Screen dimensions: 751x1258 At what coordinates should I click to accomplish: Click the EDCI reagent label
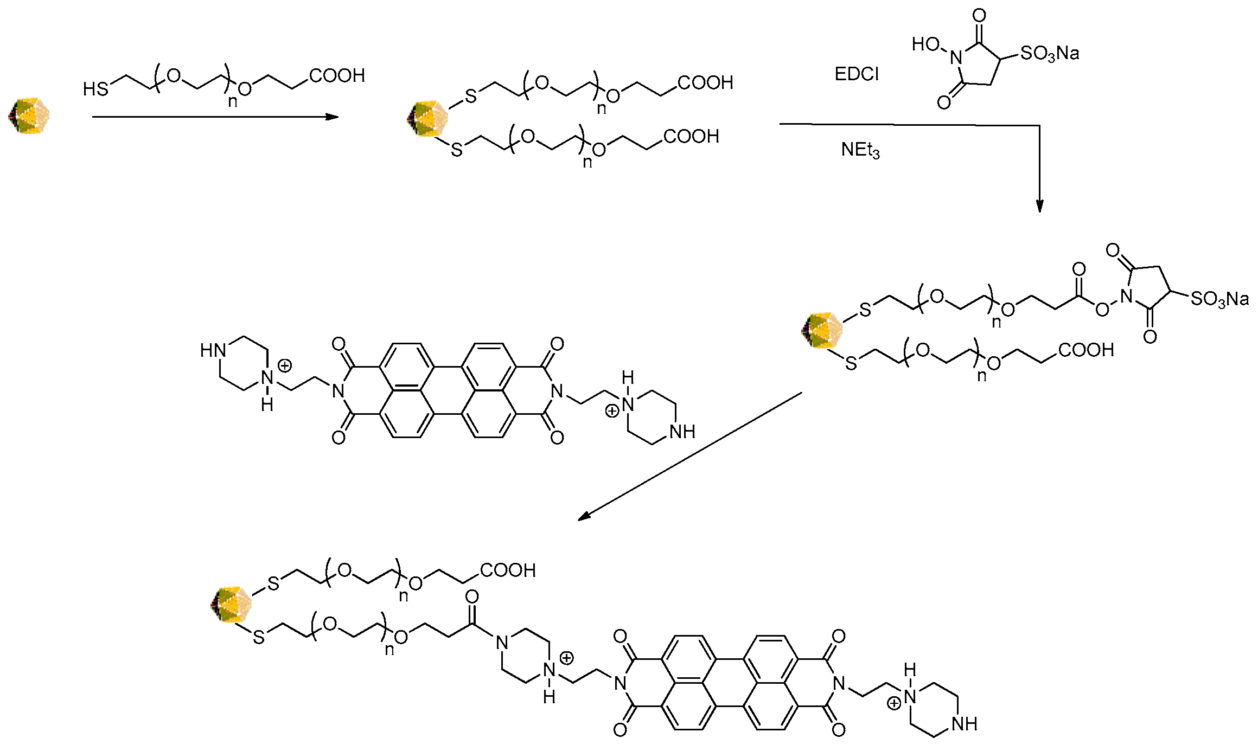click(x=856, y=74)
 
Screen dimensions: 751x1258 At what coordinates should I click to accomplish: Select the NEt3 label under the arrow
click(x=860, y=150)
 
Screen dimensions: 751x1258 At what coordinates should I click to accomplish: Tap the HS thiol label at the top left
click(x=95, y=89)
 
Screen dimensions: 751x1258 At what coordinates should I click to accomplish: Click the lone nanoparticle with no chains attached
click(x=29, y=115)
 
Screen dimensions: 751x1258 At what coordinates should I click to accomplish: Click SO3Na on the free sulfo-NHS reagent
click(x=1049, y=54)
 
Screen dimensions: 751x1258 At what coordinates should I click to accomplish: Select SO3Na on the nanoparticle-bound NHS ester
click(x=1219, y=299)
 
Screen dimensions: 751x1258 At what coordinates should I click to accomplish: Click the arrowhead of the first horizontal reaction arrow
click(x=332, y=117)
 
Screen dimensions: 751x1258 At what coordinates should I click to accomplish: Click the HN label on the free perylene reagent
click(x=213, y=350)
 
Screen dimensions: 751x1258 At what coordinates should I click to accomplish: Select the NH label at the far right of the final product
click(x=964, y=723)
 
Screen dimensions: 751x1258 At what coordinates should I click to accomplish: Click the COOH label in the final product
click(x=508, y=570)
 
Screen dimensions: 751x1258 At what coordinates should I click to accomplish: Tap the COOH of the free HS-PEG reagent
click(x=337, y=75)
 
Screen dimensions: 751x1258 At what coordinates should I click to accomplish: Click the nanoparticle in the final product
click(x=231, y=604)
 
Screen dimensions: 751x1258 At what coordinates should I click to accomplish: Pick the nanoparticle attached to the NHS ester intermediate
click(x=822, y=330)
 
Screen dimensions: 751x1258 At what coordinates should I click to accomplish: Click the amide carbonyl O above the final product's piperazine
click(x=472, y=596)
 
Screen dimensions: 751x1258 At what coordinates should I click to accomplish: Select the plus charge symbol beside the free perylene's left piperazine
click(x=285, y=365)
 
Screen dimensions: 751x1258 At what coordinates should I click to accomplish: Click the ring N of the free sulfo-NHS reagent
click(x=956, y=57)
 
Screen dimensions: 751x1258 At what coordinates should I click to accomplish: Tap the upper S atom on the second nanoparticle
click(x=470, y=97)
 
